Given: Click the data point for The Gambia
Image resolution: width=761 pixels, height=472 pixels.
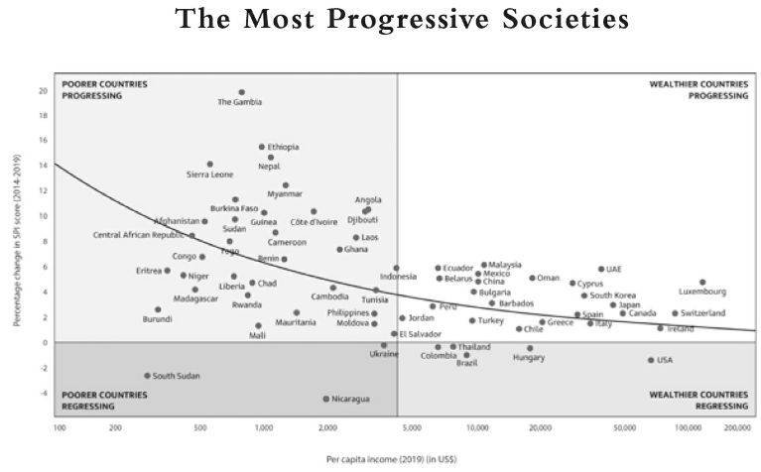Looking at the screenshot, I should pos(241,92).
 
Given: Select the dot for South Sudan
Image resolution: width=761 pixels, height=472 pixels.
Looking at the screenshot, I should pos(147,376).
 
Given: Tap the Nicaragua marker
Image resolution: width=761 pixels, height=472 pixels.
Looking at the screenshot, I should pos(325,399).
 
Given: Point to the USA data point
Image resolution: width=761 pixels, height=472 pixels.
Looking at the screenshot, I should pos(651,360).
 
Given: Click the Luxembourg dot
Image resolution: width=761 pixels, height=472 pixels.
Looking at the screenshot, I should pos(702,283).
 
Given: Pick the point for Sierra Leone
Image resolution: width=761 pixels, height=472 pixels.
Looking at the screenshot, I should pos(210,165).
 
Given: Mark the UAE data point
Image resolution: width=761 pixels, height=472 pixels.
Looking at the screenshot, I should pos(601,269).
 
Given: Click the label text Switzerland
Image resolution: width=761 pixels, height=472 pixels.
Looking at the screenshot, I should pos(703,313).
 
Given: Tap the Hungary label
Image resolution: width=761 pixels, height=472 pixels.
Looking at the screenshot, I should pos(529,358).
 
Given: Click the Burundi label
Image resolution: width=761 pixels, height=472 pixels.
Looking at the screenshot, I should pos(158,319).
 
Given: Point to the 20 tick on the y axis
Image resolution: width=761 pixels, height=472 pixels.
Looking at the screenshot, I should pos(43,91).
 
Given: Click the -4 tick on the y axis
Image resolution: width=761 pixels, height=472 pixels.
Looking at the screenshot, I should pos(43,394).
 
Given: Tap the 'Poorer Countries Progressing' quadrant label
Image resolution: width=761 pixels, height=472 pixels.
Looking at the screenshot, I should pos(104,90).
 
